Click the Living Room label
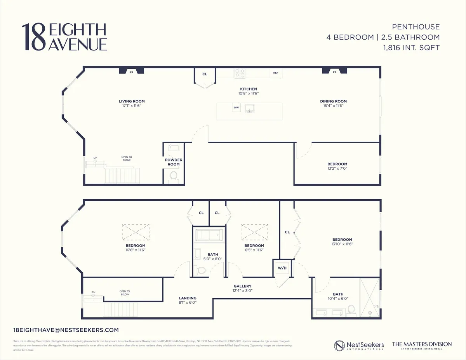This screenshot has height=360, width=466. [x=132, y=101]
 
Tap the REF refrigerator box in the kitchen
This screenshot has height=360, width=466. [x=276, y=73]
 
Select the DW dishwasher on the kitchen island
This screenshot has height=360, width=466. [x=236, y=108]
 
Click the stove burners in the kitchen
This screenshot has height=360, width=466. [x=240, y=73]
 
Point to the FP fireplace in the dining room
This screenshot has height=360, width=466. [x=334, y=71]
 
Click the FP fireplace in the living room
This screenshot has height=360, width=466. [x=132, y=71]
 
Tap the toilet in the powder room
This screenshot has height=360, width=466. [x=173, y=176]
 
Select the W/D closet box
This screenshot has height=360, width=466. [x=282, y=268]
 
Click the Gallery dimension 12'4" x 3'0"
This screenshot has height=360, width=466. [x=243, y=291]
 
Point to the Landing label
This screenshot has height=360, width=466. [x=187, y=298]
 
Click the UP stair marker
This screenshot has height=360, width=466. [x=95, y=158]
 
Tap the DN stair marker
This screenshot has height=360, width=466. [x=93, y=292]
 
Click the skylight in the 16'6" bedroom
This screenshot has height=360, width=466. [x=136, y=232]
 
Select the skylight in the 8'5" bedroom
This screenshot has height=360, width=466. [x=254, y=232]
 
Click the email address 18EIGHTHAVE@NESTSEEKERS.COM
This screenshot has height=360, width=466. [x=66, y=330]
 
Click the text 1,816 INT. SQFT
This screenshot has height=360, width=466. [x=410, y=48]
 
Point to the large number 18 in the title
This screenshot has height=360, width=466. [x=34, y=37]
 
